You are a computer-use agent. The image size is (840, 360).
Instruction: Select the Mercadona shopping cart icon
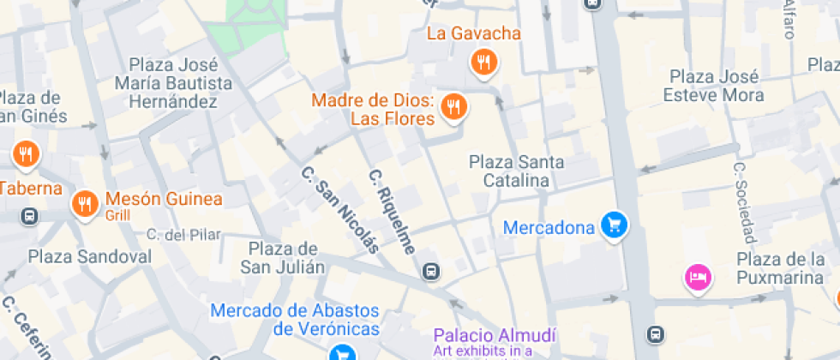(614, 225)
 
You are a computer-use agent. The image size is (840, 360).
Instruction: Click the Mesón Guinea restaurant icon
(84, 203)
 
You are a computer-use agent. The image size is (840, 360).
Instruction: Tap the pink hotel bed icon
(699, 277)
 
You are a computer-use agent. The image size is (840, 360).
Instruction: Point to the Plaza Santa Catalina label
(516, 171)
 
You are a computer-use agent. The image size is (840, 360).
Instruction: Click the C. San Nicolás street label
(340, 209)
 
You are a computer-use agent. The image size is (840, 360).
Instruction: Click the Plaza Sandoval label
(90, 256)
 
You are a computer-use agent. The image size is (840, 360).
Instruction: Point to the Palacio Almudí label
(495, 335)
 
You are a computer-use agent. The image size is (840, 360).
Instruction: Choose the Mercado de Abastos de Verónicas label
(295, 319)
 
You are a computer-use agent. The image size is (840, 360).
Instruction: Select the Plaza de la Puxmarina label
(781, 267)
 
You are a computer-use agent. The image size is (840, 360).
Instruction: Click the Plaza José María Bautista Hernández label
(179, 83)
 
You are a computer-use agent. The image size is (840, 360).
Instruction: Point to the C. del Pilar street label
(183, 234)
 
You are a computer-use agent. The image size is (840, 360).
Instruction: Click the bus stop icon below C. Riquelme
(431, 273)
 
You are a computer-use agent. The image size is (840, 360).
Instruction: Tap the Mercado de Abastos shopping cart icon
(343, 352)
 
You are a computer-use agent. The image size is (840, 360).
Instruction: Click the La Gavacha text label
(473, 34)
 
